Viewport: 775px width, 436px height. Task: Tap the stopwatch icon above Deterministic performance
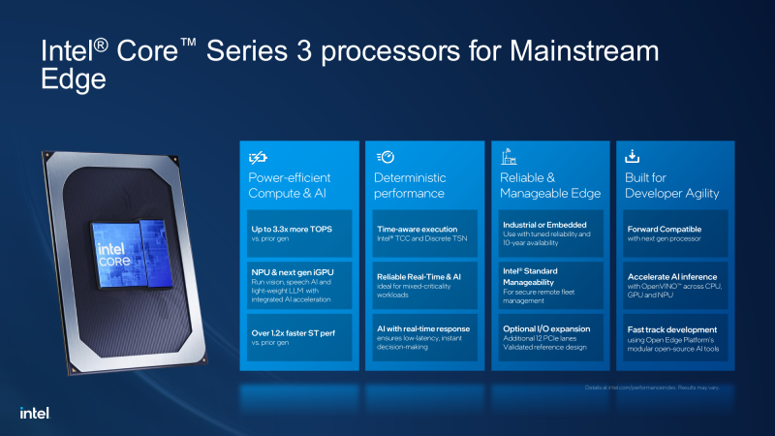pyautogui.click(x=385, y=157)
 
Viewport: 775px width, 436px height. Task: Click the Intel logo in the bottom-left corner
pyautogui.click(x=34, y=413)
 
